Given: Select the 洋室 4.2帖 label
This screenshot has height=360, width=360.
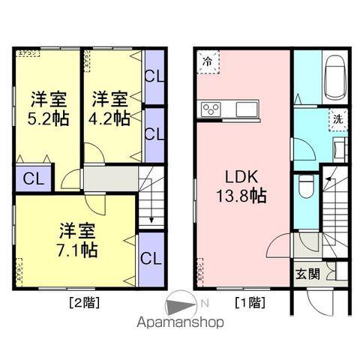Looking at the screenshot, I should point(110,108).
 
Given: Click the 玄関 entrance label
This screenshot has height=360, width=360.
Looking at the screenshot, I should point(307,273).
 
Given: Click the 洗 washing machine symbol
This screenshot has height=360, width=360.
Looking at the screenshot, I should point(338,118).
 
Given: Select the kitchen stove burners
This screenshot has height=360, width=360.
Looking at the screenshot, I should point(211,109).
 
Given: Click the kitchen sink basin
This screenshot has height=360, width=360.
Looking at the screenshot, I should point(246,109).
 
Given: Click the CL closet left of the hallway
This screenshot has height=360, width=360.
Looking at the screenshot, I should point(31,179).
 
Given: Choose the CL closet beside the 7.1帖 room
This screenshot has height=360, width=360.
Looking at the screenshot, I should point(151,259).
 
